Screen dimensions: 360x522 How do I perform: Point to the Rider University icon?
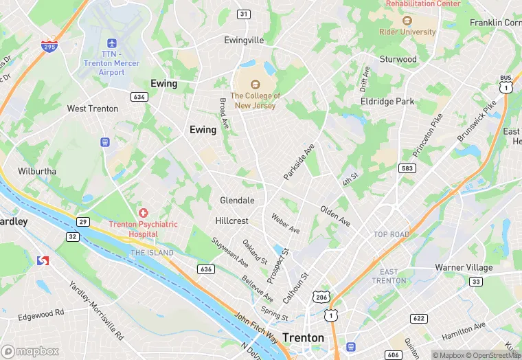pyautogui.click(x=407, y=21)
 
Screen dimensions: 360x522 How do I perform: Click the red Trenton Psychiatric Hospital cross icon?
pyautogui.click(x=143, y=214)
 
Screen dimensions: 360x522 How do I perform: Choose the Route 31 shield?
pyautogui.click(x=244, y=14)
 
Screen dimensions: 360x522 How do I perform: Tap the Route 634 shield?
pyautogui.click(x=139, y=97)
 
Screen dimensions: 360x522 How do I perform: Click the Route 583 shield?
pyautogui.click(x=406, y=168)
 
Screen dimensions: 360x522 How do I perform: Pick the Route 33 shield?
pyautogui.click(x=475, y=281)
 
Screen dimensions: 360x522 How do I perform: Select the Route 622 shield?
pyautogui.click(x=418, y=318)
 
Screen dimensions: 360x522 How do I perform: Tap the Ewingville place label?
pyautogui.click(x=244, y=41)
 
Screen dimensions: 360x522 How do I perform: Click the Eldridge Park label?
pyautogui.click(x=387, y=102)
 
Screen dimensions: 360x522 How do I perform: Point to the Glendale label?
pyautogui.click(x=237, y=201)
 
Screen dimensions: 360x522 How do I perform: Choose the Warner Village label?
pyautogui.click(x=464, y=267)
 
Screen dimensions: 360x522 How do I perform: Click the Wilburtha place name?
pyautogui.click(x=37, y=171)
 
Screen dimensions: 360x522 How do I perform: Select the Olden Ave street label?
pyautogui.click(x=335, y=217)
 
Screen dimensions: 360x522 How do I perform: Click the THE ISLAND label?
pyautogui.click(x=152, y=253)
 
